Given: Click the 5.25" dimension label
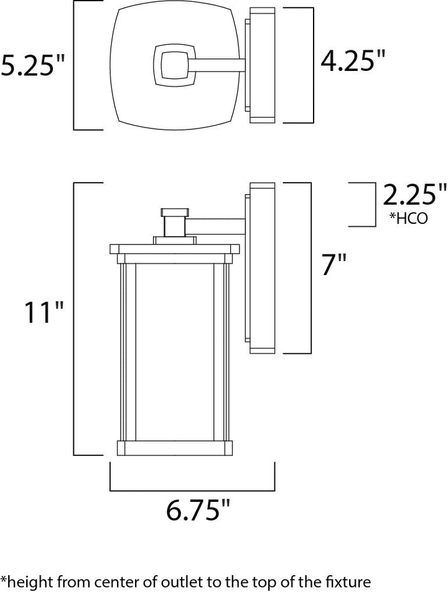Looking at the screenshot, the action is tap(32, 65).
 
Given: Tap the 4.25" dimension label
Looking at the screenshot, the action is tap(352, 60).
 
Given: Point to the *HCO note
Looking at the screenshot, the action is tap(408, 218).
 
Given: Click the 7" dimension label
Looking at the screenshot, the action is tap(334, 264).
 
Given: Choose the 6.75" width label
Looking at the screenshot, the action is tap(198, 509).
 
